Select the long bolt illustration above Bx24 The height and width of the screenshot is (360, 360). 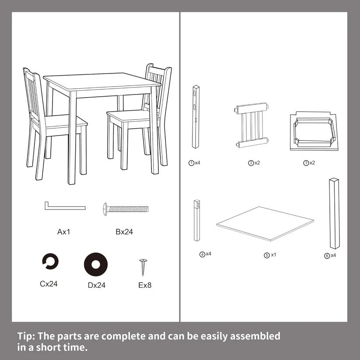(x=126, y=209)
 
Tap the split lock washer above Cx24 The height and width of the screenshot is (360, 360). (x=50, y=261)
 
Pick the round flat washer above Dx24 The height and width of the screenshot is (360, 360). (x=96, y=265)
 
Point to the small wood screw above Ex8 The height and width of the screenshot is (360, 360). (x=143, y=267)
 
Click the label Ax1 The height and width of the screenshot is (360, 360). (x=63, y=232)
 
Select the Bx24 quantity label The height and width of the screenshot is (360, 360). (x=124, y=232)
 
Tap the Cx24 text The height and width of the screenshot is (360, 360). (x=49, y=284)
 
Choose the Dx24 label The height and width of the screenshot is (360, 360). (x=97, y=285)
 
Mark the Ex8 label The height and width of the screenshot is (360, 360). (x=145, y=285)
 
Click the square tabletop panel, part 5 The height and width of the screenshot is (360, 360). (x=265, y=224)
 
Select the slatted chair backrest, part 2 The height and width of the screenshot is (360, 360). (x=252, y=125)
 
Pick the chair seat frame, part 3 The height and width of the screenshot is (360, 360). (x=314, y=131)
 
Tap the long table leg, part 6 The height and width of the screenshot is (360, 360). (x=335, y=213)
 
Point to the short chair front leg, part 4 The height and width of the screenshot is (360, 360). (x=197, y=220)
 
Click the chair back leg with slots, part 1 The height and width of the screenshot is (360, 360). (x=196, y=117)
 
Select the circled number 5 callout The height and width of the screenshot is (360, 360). (x=266, y=255)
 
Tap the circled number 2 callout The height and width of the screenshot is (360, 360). (x=251, y=163)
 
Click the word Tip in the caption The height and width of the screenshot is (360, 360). (x=26, y=336)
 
